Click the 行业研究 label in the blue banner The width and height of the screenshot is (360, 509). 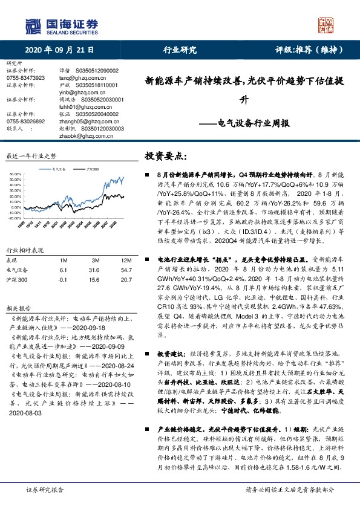tap(180, 50)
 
